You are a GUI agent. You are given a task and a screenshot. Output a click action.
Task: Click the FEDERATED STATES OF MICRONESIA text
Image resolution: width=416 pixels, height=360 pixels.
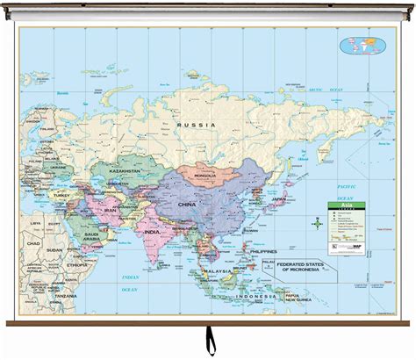(x=305, y=265)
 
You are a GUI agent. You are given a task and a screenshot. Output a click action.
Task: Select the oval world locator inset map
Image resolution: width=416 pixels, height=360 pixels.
(x=362, y=44)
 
